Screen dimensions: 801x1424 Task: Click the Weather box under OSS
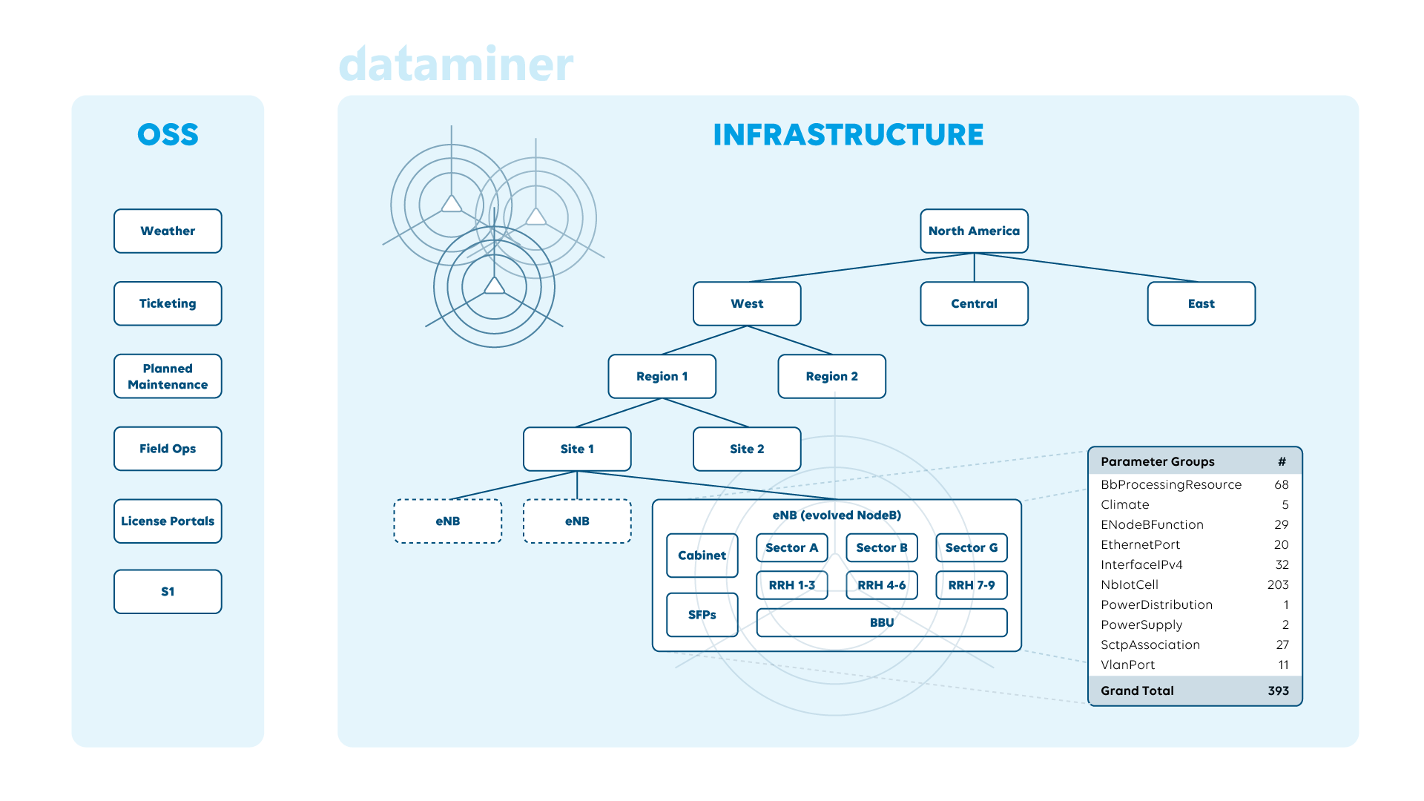pos(168,231)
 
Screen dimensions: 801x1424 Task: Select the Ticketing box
pos(168,303)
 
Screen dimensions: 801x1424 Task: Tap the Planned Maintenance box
pos(168,376)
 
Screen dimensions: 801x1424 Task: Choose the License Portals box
pos(168,521)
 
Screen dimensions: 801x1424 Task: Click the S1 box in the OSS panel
pos(168,591)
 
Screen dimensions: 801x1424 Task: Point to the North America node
pos(974,231)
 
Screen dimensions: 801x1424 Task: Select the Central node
pos(974,303)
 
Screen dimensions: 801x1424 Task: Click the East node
pos(1201,303)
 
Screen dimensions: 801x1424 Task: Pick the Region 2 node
pos(831,376)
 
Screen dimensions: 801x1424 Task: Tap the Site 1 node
pos(577,449)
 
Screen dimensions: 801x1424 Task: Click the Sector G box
pos(971,547)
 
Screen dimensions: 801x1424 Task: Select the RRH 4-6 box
pos(881,584)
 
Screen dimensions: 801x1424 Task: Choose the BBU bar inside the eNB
pos(881,622)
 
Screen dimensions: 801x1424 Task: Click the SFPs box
pos(702,614)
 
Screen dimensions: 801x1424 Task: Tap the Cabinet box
pos(702,555)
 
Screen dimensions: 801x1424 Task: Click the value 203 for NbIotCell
pos(1277,584)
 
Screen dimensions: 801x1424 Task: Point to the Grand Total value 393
pos(1278,690)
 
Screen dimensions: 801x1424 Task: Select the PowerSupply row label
pos(1141,624)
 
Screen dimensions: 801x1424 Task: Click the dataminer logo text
pos(456,65)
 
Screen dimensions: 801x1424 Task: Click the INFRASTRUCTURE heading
pos(848,134)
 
